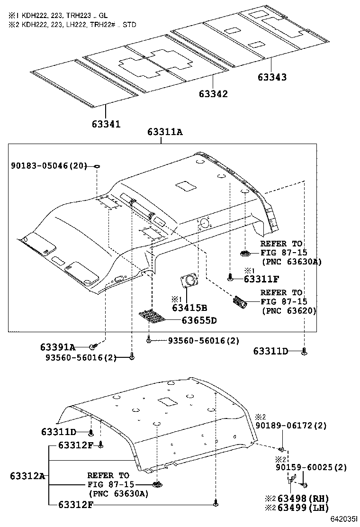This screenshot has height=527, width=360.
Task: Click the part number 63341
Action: [x=106, y=124]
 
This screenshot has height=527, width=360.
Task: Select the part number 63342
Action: [x=213, y=94]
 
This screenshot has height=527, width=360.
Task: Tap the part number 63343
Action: [x=272, y=77]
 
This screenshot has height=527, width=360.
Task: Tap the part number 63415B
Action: [x=189, y=308]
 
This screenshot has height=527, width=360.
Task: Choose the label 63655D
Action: [x=199, y=320]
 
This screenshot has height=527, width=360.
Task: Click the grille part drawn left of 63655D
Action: [x=153, y=316]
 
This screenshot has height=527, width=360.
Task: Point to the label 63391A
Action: [x=58, y=347]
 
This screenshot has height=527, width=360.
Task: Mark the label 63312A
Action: [x=27, y=476]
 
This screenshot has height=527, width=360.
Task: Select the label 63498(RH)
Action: [x=303, y=499]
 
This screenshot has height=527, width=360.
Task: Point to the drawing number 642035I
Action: [x=343, y=521]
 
